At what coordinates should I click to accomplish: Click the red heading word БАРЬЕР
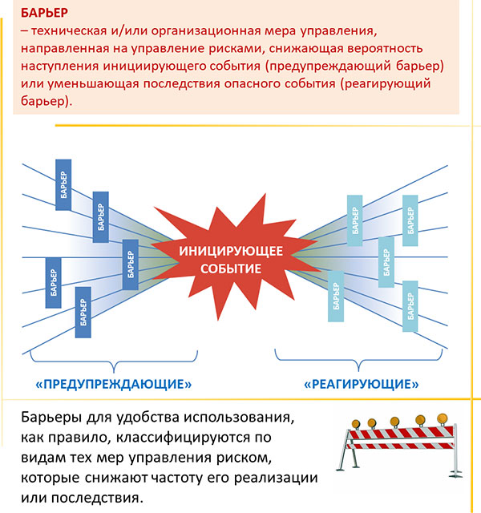point(45,13)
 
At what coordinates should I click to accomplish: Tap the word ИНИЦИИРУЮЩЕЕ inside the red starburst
point(231,251)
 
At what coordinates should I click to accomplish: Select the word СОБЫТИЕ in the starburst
point(231,269)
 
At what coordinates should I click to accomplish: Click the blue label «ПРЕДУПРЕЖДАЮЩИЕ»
point(114,384)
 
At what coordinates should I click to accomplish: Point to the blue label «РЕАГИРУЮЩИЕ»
point(362,384)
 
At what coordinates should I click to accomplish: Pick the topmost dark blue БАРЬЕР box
point(63,185)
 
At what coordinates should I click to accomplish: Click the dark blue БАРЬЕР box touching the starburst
point(130,265)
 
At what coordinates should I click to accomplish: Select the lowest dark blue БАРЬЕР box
point(83,312)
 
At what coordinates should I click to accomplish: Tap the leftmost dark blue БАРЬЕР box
point(54,283)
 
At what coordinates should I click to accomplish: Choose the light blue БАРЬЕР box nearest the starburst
point(336,296)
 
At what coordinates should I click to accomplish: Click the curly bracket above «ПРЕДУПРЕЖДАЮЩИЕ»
point(114,362)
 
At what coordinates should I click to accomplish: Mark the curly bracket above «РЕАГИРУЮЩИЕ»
point(358,361)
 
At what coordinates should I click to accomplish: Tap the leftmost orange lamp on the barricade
point(356,424)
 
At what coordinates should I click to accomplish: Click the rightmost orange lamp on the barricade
point(443,418)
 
